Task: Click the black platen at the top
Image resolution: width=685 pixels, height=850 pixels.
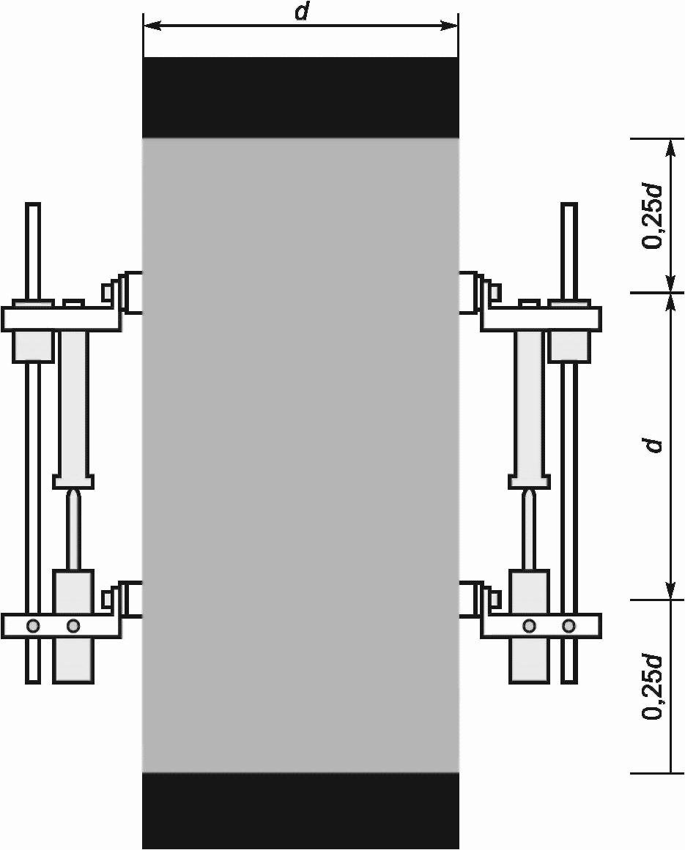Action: [x=300, y=97]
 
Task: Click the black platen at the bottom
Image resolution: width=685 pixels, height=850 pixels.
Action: [x=300, y=810]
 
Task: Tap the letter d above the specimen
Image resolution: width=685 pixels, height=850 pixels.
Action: [x=302, y=12]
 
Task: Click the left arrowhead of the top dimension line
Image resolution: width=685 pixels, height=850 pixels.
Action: [x=151, y=25]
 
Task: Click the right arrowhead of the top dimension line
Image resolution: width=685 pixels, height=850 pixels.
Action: [x=450, y=25]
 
